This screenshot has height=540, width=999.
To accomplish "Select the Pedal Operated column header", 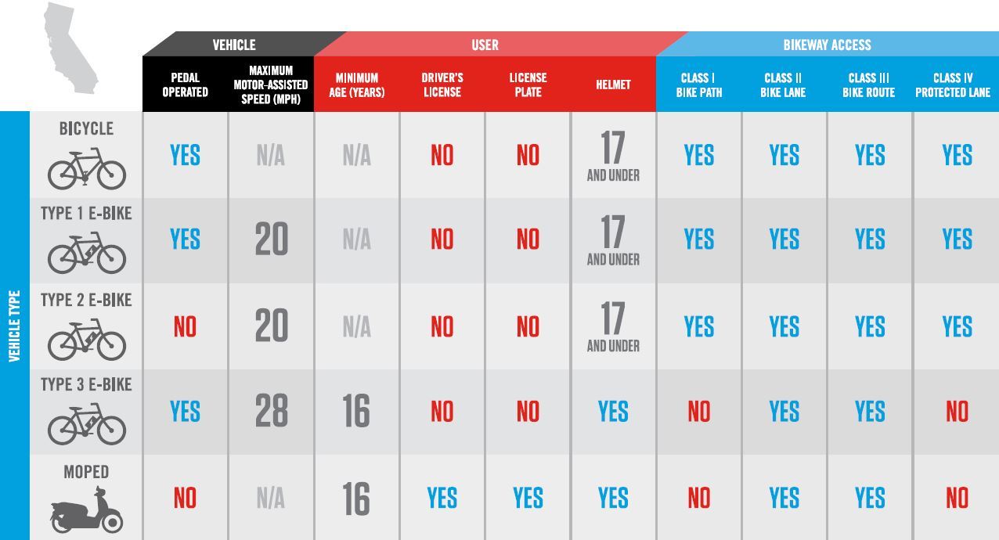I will click(185, 85).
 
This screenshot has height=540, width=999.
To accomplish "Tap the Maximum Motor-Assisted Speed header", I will click(271, 85).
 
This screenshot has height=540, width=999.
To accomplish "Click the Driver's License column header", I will click(442, 85).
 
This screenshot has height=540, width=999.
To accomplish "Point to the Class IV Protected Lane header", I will click(953, 85).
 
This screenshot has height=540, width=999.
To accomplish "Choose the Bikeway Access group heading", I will click(827, 45).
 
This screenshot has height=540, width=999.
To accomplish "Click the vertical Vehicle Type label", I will click(14, 326).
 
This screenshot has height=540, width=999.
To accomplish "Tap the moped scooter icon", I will click(86, 509).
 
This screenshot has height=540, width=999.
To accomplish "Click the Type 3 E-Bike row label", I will click(86, 384).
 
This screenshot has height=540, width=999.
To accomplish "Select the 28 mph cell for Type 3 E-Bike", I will click(272, 411).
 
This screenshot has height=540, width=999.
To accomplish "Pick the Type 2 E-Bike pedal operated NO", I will click(185, 326).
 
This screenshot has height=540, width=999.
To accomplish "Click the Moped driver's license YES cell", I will click(442, 498).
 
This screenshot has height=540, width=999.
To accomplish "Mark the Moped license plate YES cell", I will click(528, 498).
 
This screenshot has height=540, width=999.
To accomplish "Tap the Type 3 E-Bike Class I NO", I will click(698, 412).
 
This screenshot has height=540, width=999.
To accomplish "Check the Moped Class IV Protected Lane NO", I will click(957, 498).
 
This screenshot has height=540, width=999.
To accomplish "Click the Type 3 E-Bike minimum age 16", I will click(356, 411).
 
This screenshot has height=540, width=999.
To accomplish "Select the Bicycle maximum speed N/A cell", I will click(271, 156).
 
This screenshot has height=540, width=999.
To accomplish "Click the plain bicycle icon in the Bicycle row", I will click(86, 169).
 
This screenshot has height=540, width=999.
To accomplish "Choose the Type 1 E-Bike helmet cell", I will click(613, 240).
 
